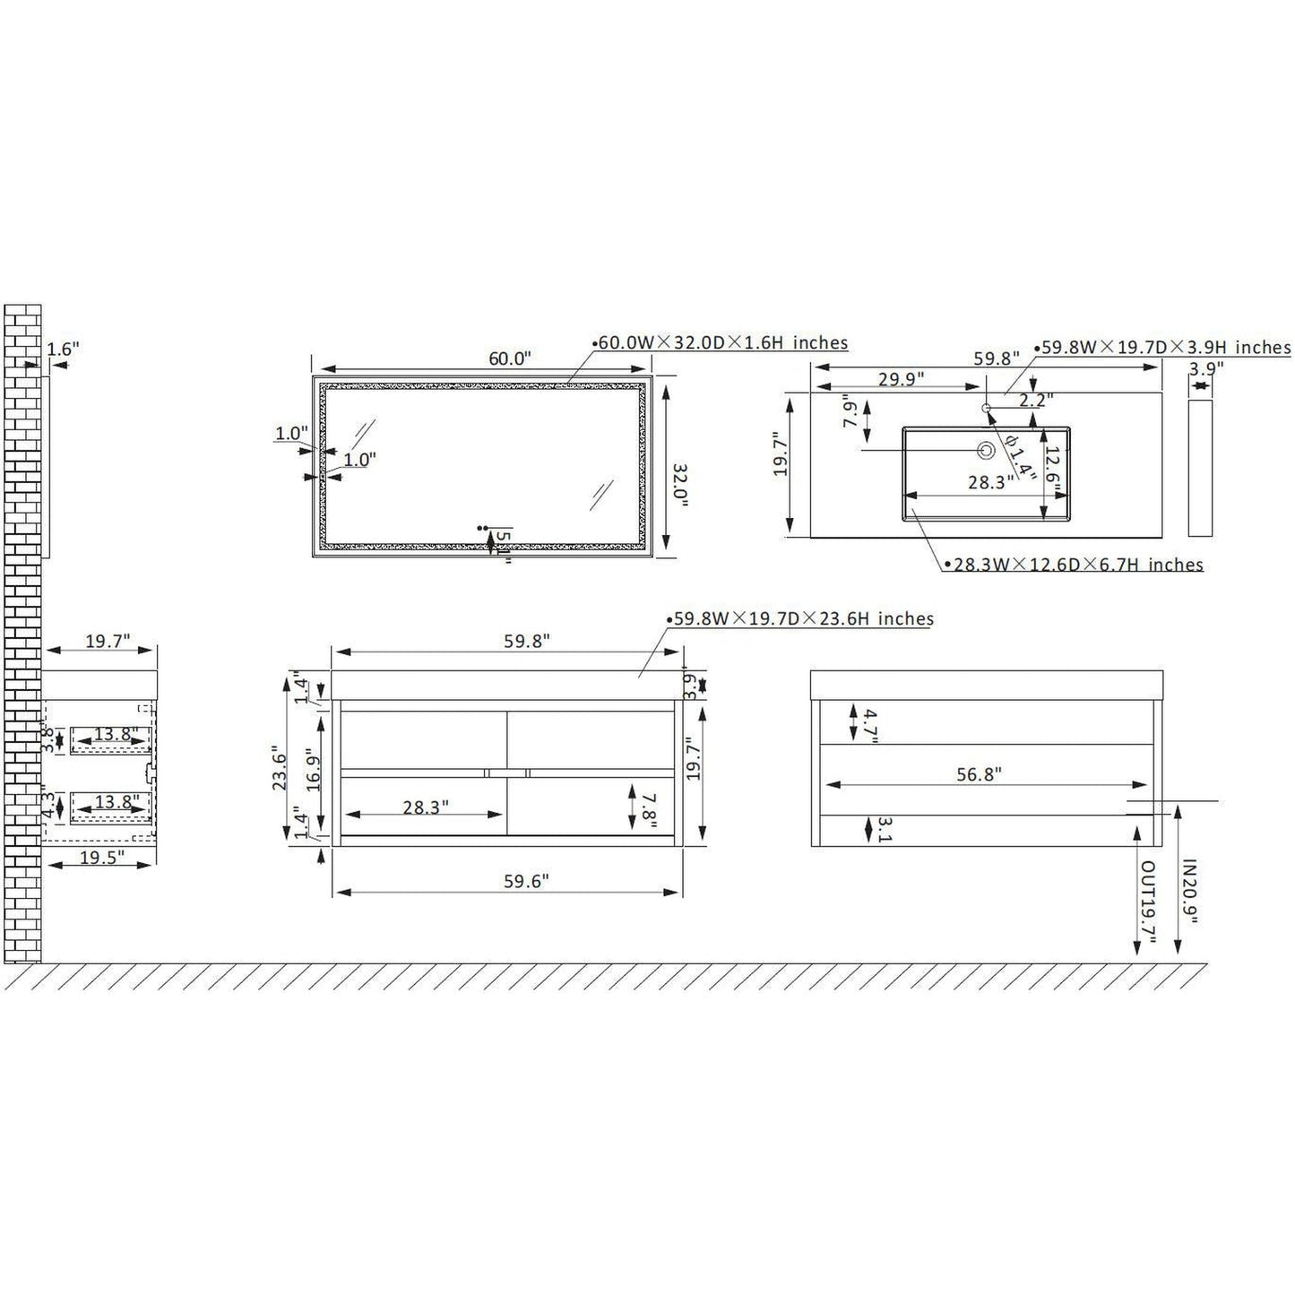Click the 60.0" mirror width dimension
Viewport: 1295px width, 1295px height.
point(510,358)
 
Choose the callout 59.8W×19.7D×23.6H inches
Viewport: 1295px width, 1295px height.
point(804,618)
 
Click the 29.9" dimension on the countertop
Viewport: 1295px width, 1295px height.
point(901,378)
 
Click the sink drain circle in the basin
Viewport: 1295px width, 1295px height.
point(987,450)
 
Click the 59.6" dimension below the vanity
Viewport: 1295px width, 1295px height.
point(526,882)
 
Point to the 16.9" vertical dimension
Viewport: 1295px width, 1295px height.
point(311,767)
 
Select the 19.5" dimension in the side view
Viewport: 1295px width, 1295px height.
point(101,857)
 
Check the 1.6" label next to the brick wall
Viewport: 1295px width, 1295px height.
point(63,350)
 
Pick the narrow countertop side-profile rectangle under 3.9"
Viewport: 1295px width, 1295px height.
point(1199,468)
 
